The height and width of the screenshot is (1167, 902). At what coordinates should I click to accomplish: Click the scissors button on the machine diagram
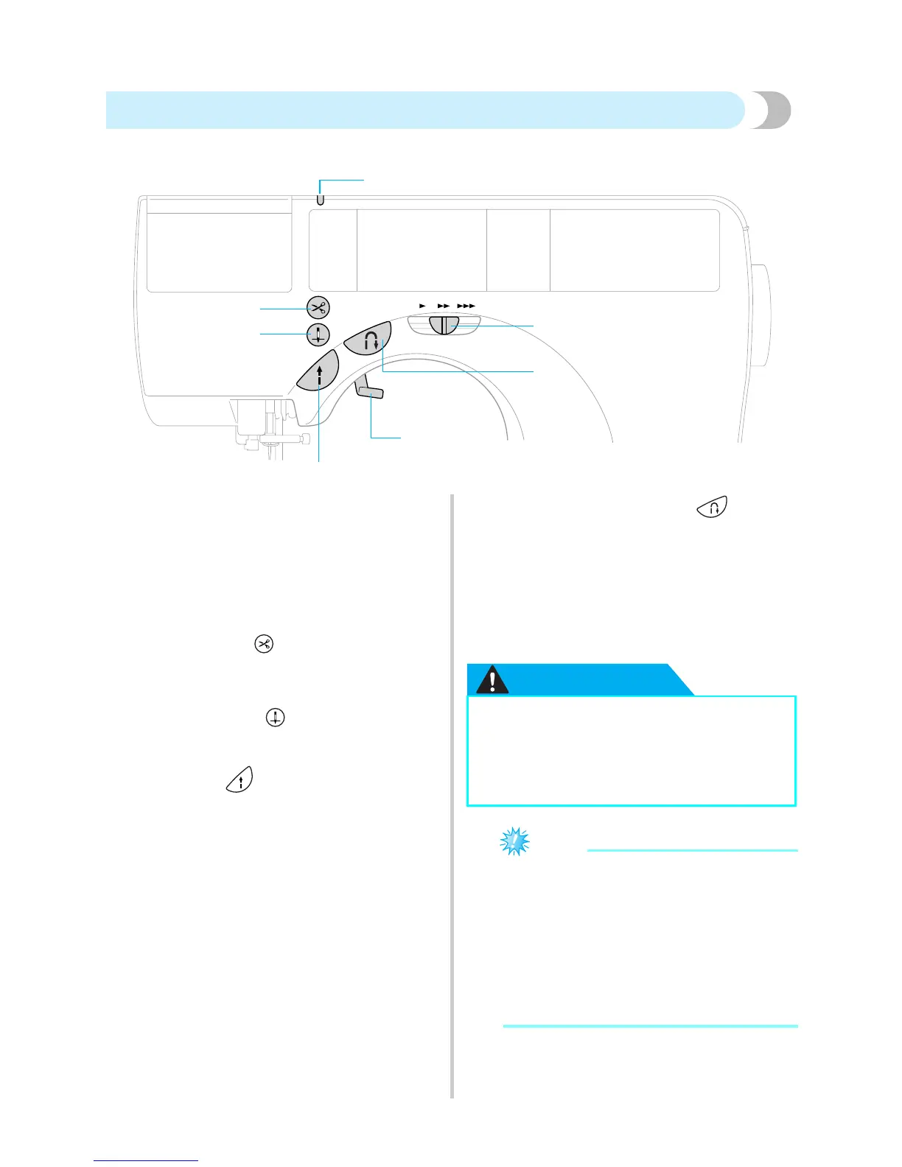tap(318, 307)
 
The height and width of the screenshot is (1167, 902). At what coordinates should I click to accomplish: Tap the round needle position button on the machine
tap(318, 334)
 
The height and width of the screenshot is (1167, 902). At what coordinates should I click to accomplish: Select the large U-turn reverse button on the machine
tap(368, 340)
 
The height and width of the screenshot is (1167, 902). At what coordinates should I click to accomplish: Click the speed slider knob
tap(444, 325)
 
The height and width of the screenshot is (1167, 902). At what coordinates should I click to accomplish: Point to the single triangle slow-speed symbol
tap(422, 305)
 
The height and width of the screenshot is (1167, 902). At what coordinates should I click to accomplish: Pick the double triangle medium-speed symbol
tap(443, 305)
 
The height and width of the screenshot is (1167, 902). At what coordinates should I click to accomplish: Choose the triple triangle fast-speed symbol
tap(466, 305)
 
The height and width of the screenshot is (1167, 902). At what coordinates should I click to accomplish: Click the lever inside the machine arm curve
tap(368, 388)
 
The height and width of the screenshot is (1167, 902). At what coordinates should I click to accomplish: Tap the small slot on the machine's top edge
tap(320, 200)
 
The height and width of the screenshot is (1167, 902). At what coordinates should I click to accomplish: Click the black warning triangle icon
tap(492, 680)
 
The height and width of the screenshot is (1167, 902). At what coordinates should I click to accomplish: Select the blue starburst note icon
tap(514, 841)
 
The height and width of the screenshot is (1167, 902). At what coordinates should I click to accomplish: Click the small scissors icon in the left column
tap(263, 644)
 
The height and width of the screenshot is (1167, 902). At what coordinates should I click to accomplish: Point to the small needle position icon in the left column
tap(275, 717)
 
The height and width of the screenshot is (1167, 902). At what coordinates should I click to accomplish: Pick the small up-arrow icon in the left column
tap(239, 779)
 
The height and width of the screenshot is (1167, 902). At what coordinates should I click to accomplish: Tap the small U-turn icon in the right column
tap(712, 507)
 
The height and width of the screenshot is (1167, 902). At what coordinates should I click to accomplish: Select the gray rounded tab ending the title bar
tap(772, 111)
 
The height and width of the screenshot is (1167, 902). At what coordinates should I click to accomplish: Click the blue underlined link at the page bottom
tap(146, 1160)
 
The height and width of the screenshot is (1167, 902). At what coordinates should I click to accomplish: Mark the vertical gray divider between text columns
tap(451, 796)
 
